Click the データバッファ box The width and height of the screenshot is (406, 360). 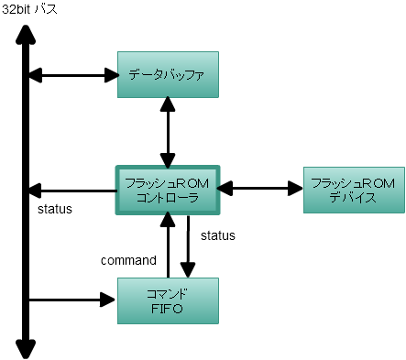coord(169,73)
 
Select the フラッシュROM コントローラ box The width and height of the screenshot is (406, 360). coord(169,190)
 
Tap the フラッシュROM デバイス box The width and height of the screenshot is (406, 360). coord(353,190)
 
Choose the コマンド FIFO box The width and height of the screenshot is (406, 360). coord(169,300)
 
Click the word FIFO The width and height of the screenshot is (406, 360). coord(168,310)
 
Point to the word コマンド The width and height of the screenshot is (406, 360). coord(168,294)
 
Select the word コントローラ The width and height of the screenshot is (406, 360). coord(168,198)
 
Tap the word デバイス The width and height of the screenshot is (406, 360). coord(353,198)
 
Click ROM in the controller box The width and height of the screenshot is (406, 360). coord(193,183)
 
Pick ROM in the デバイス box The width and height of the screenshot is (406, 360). coord(378,183)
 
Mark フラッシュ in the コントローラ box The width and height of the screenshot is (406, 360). coord(150,183)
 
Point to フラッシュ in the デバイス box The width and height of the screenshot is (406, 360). coord(334,183)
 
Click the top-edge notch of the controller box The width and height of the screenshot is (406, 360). coord(169,167)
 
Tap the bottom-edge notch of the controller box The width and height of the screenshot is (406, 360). coord(169,213)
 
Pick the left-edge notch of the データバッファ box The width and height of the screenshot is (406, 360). coord(118,73)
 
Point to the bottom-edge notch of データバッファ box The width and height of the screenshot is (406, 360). coord(169,96)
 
